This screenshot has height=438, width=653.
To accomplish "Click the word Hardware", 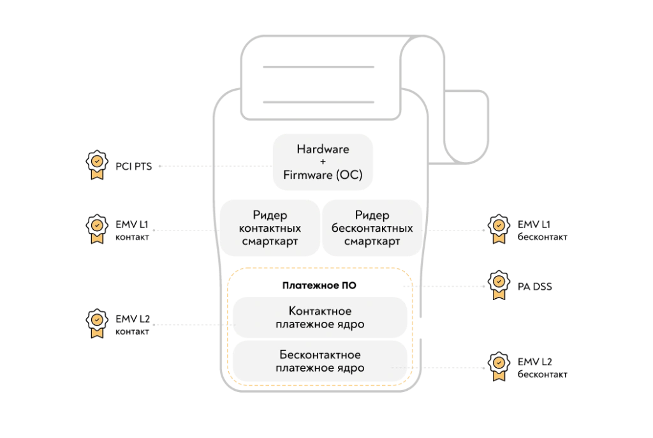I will (x=323, y=149).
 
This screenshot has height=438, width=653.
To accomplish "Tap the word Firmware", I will (x=308, y=174).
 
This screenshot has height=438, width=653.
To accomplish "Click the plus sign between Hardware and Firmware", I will (x=323, y=162).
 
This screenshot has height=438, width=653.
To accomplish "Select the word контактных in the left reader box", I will (x=270, y=229).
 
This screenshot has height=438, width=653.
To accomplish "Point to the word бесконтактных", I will (x=372, y=229).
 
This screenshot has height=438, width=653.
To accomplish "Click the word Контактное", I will (x=320, y=312).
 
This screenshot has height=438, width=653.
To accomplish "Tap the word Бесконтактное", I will (x=320, y=355).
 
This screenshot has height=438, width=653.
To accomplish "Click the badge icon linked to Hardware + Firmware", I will (x=96, y=167).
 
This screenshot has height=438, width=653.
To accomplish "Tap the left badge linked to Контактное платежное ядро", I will (x=96, y=325).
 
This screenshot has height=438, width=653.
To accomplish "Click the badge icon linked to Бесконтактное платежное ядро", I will (x=499, y=368).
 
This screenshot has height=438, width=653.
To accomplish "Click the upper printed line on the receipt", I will (x=318, y=66).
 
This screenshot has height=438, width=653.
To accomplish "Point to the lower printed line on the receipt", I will (x=318, y=102).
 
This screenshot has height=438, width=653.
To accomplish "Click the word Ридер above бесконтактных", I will (x=372, y=216).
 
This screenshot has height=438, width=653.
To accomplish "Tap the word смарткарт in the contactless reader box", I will (x=372, y=242).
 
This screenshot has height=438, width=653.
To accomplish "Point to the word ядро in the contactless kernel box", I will (x=351, y=368).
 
